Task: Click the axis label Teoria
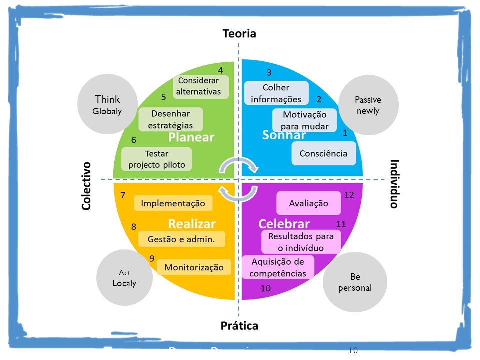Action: tap(239, 34)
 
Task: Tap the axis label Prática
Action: tap(240, 326)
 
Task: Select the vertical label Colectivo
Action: tap(86, 186)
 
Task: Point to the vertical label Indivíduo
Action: tap(395, 184)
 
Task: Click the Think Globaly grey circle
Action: tap(107, 104)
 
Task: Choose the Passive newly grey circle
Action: tap(368, 105)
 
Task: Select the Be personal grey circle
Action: tap(355, 282)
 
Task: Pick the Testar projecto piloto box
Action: tap(157, 159)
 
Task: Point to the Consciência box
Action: tap(324, 154)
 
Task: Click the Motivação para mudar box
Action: tap(305, 120)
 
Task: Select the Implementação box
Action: tap(173, 203)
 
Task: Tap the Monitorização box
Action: tap(194, 267)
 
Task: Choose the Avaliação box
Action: tap(309, 203)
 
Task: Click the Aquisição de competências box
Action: tap(278, 267)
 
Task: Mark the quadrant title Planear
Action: tap(191, 137)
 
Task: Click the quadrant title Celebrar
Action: tap(284, 223)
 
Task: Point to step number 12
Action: tap(349, 195)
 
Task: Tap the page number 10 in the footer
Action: tap(353, 350)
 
